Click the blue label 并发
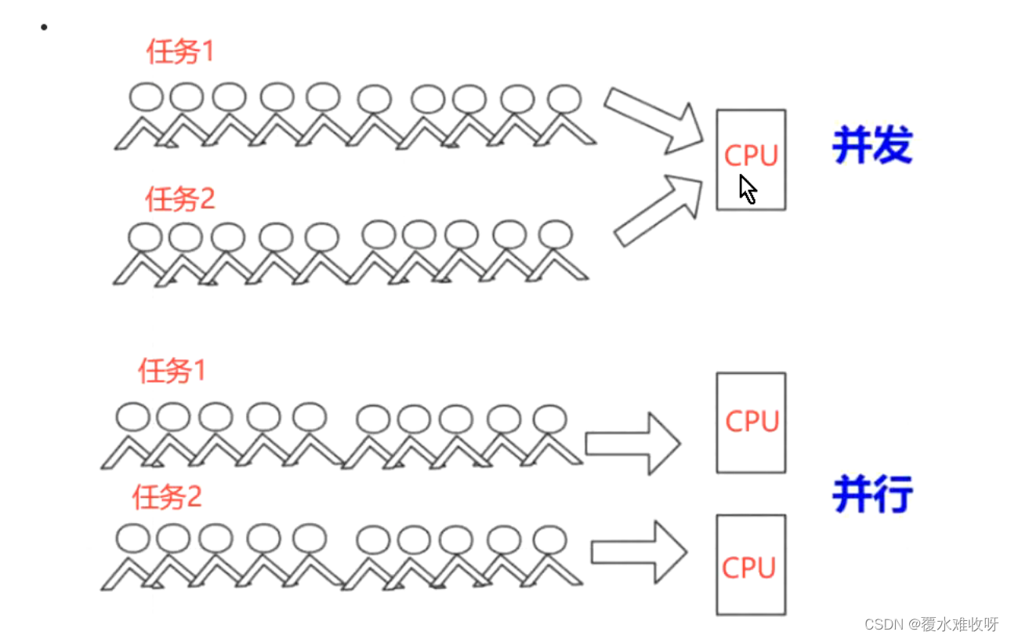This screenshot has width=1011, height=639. (872, 146)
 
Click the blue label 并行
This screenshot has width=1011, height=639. (872, 495)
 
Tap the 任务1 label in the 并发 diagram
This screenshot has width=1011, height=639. (179, 52)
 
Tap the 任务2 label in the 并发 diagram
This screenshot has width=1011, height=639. (179, 199)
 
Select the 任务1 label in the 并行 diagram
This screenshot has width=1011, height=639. (172, 370)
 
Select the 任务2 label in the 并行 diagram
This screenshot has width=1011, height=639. (167, 497)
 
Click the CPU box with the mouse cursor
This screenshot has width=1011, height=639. (751, 159)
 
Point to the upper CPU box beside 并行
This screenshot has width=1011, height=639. (751, 423)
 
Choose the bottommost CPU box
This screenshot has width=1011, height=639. (751, 565)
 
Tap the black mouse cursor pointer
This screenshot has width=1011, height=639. (748, 189)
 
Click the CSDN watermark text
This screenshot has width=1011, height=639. (931, 624)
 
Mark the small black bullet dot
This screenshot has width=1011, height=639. (44, 27)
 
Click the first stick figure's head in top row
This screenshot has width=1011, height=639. (146, 97)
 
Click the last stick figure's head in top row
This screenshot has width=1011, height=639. (563, 100)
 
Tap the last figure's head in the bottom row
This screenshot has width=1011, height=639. (549, 539)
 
